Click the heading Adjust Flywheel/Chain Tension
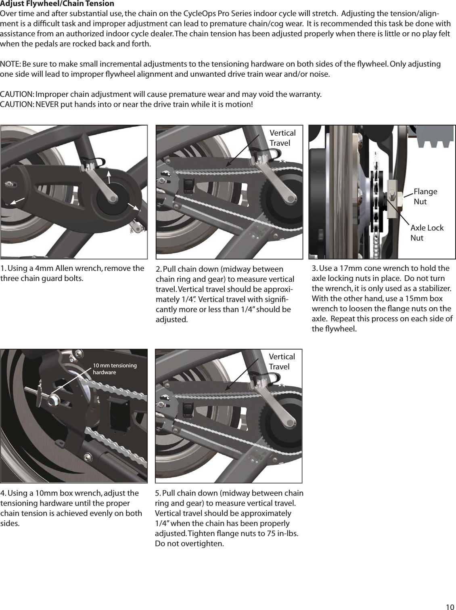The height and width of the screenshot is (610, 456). click(x=57, y=4)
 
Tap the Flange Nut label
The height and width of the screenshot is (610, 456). click(x=425, y=196)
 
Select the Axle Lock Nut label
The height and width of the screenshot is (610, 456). click(x=427, y=233)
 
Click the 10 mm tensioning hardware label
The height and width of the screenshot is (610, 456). click(x=115, y=369)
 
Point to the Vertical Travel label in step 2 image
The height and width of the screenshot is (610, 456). click(x=282, y=138)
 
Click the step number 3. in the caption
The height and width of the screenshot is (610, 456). click(x=315, y=268)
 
